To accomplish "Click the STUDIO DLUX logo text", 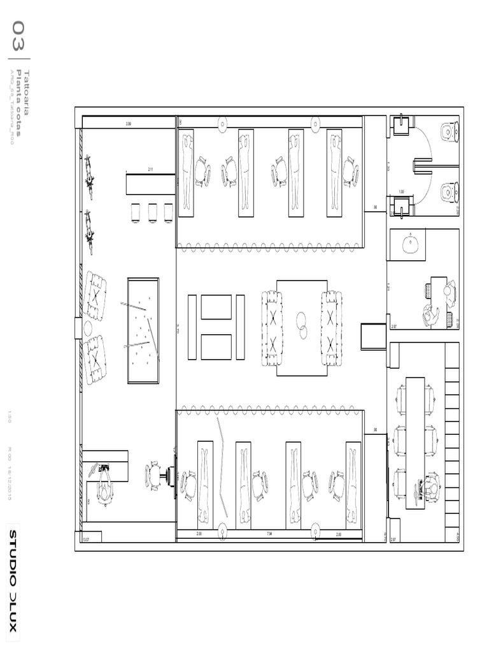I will pos(13,580).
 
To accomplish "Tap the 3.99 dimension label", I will pos(129,123).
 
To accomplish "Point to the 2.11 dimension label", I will pos(151,170).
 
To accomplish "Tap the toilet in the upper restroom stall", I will pos(450,132).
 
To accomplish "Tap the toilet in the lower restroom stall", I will pos(450,191).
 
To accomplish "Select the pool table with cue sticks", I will pos(143,330).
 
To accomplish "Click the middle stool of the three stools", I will pos(153,212).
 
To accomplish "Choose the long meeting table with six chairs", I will pos(415,441).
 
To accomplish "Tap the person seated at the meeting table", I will pos(433,488).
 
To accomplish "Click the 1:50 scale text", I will pos(10,416).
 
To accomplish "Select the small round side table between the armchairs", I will pos(88,328).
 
